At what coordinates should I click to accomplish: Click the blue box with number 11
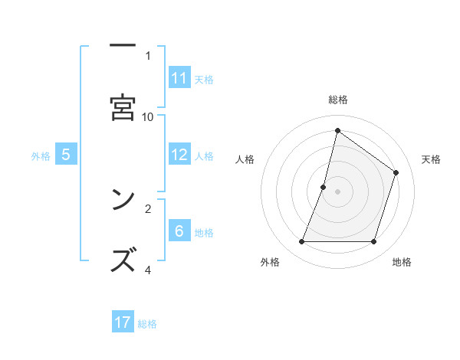(x=179, y=78)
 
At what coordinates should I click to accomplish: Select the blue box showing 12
(x=179, y=155)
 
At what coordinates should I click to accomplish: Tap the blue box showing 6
(x=179, y=231)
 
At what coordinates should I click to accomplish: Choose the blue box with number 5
(x=66, y=155)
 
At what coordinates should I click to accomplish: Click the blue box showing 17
(x=123, y=322)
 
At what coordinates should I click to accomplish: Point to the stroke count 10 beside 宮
(x=148, y=116)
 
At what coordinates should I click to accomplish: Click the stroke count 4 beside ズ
(x=148, y=270)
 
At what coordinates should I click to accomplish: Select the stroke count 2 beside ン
(x=148, y=208)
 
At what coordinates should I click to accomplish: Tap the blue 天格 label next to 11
(x=204, y=79)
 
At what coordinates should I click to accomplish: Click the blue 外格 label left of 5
(x=41, y=155)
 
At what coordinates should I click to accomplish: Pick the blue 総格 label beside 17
(x=147, y=323)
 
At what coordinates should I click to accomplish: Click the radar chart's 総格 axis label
(x=338, y=100)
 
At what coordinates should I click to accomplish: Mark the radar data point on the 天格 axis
(x=396, y=172)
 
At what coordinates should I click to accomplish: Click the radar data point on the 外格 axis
(x=302, y=242)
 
